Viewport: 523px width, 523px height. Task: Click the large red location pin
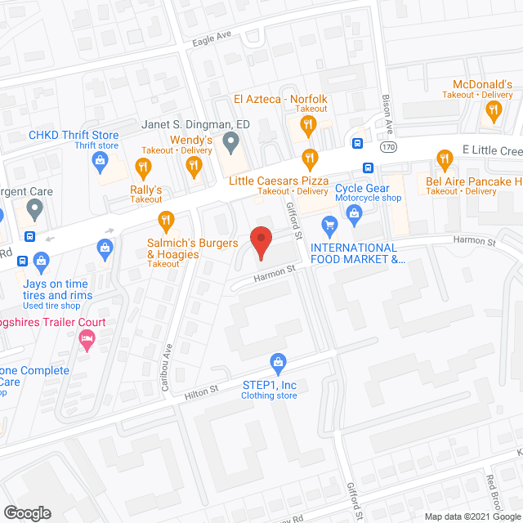point(260,242)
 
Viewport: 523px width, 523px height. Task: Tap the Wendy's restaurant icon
point(194,167)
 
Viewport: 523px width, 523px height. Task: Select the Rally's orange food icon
point(144,168)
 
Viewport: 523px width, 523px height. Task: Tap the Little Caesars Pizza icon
point(309,157)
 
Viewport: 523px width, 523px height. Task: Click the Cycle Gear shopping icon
point(355,216)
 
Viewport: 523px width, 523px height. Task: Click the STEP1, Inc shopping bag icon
point(278,361)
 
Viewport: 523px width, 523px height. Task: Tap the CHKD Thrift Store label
point(74,136)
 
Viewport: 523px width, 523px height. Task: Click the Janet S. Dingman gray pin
point(230,145)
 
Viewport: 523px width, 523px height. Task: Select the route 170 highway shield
point(387,145)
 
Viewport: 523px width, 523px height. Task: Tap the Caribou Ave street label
point(166,367)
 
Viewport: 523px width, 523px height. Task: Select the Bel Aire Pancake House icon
point(445,159)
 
